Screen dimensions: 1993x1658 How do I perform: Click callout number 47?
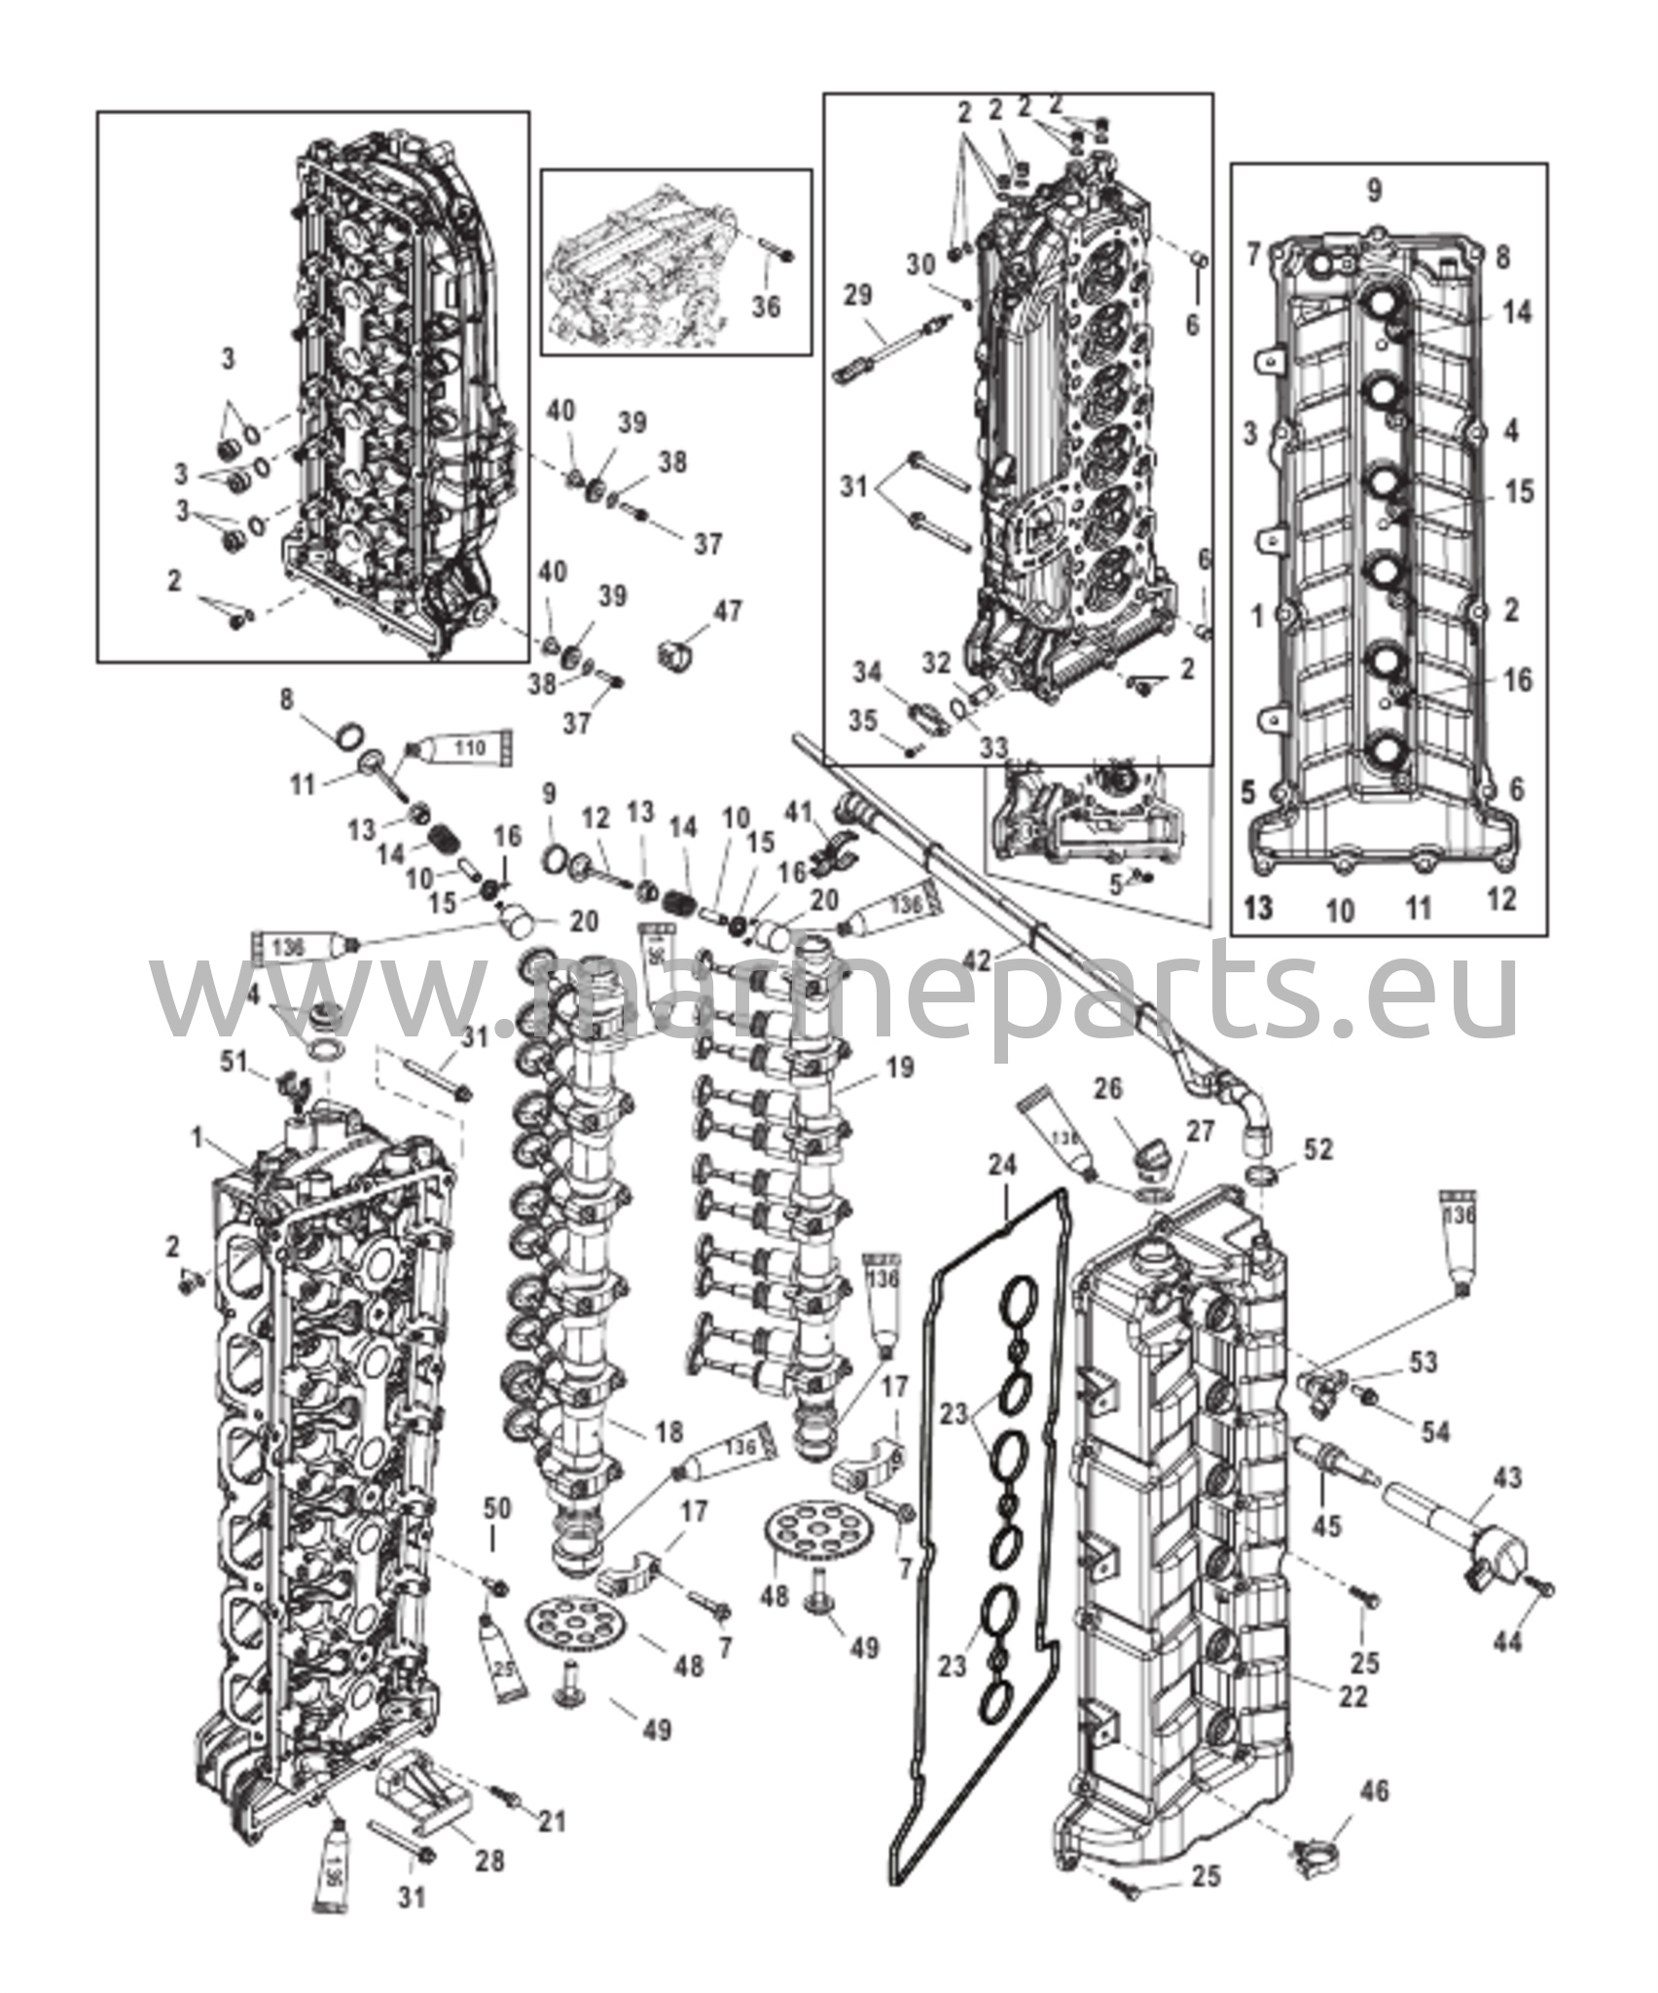click(727, 612)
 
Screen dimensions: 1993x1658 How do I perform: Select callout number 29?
click(860, 295)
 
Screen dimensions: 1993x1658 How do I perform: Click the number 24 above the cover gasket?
click(1003, 1164)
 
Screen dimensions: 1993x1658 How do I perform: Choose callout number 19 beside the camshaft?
click(900, 1069)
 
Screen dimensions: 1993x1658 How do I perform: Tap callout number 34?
click(869, 671)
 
